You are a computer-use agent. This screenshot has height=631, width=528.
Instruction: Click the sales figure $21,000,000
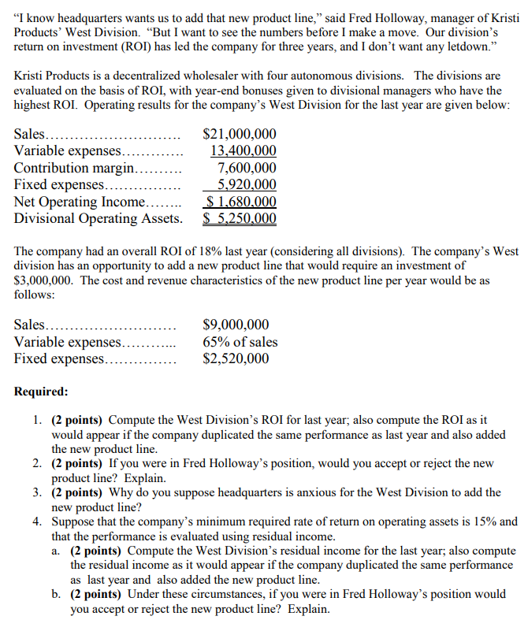pyautogui.click(x=240, y=135)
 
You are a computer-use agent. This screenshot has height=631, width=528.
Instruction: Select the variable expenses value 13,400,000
pyautogui.click(x=244, y=151)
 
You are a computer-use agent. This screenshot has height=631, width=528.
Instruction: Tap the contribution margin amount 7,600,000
pyautogui.click(x=247, y=168)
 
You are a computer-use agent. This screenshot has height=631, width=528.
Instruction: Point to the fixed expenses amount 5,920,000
pyautogui.click(x=247, y=185)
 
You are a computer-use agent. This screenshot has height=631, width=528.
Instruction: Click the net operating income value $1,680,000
pyautogui.click(x=240, y=202)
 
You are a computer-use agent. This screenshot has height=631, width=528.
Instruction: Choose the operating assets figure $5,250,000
pyautogui.click(x=240, y=218)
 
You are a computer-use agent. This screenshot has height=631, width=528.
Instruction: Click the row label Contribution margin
pyautogui.click(x=75, y=168)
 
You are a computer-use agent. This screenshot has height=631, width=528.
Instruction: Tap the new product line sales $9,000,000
pyautogui.click(x=236, y=325)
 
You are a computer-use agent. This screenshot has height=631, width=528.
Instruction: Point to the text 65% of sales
pyautogui.click(x=240, y=342)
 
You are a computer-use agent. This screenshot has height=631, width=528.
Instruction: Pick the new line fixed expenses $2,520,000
pyautogui.click(x=236, y=358)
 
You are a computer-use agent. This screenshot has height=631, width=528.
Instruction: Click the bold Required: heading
pyautogui.click(x=41, y=392)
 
